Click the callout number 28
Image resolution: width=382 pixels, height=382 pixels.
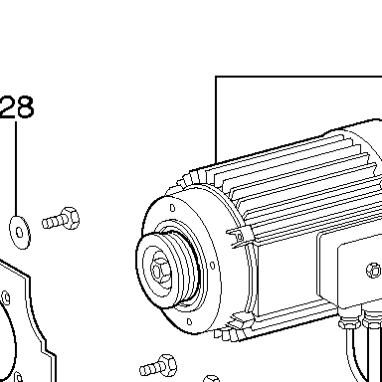point(17,106)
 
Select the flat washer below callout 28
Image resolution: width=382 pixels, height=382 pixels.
point(20,232)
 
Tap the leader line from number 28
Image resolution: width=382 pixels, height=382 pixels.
point(16,168)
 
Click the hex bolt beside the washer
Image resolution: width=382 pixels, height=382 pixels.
point(61,219)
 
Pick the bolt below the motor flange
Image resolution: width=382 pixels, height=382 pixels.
point(158,366)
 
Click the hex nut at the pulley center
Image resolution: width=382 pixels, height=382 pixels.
point(158,272)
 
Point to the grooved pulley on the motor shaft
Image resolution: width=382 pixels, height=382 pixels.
point(167,270)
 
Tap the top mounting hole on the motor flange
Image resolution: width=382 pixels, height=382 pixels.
point(172,208)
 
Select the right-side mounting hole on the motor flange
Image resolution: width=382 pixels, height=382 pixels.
point(213,265)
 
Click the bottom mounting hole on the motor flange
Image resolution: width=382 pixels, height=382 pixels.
point(189,321)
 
